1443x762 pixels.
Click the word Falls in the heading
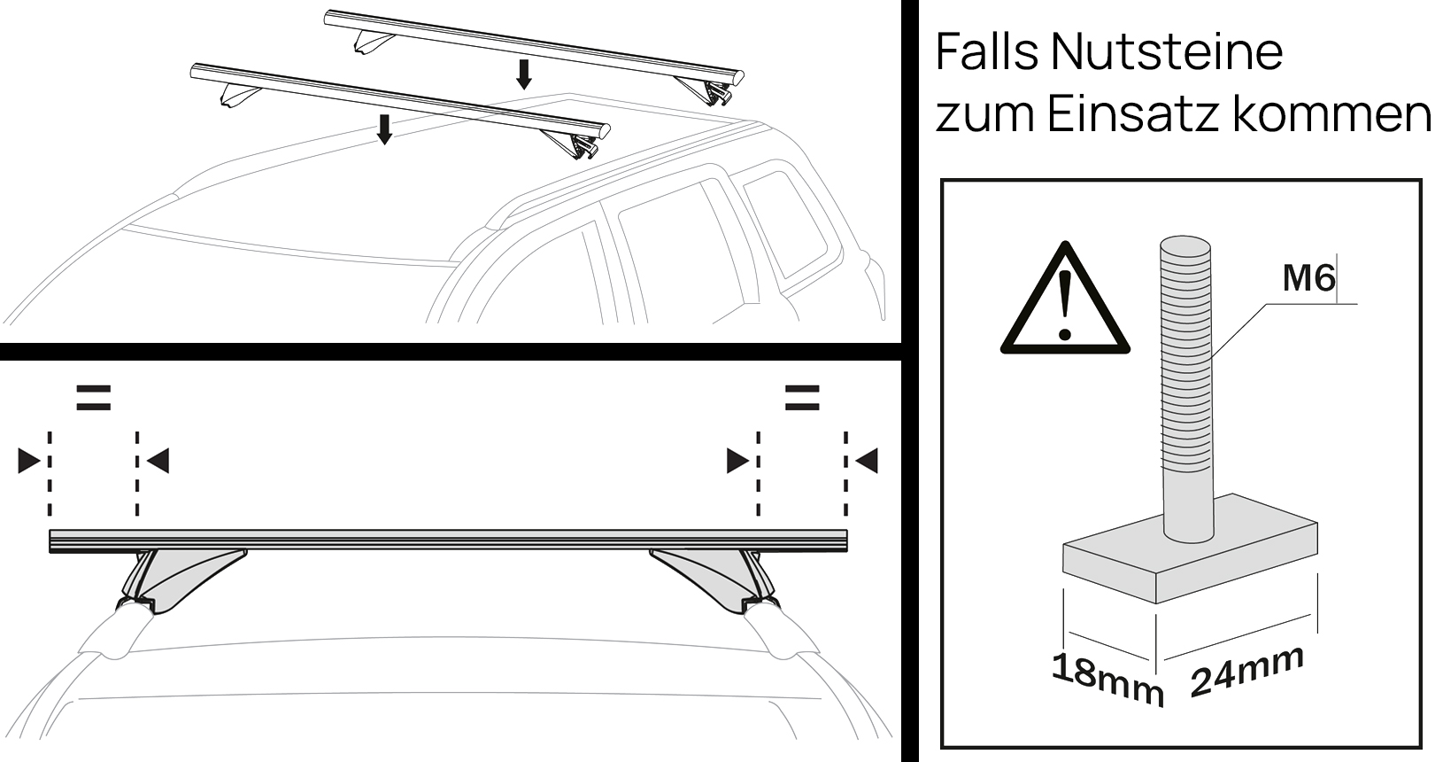click(x=986, y=53)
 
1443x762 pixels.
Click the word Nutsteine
click(x=1167, y=53)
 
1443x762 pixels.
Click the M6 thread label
click(x=1308, y=279)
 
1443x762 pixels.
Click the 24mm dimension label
click(x=1246, y=670)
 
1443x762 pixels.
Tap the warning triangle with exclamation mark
click(x=1064, y=301)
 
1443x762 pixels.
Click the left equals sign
click(x=93, y=397)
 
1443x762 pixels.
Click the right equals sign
click(x=801, y=397)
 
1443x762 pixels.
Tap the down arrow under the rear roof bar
click(x=524, y=74)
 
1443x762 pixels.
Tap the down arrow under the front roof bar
click(x=383, y=128)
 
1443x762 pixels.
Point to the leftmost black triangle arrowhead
click(x=29, y=461)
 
